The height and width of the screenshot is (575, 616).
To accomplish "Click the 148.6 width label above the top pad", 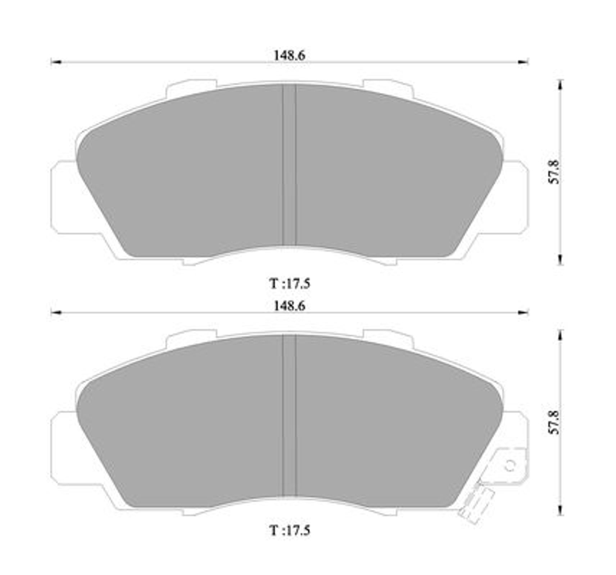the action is pyautogui.click(x=289, y=56).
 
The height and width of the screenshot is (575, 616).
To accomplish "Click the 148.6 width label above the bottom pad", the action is pyautogui.click(x=289, y=306).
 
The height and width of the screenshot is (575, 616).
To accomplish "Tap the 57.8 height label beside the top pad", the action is pyautogui.click(x=554, y=172).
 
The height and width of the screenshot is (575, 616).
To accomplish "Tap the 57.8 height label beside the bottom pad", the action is pyautogui.click(x=554, y=422).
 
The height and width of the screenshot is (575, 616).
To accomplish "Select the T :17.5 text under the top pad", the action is pyautogui.click(x=290, y=284).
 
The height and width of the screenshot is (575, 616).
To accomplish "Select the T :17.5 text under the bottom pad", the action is pyautogui.click(x=290, y=530).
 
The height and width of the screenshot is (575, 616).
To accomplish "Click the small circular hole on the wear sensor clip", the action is pyautogui.click(x=509, y=465).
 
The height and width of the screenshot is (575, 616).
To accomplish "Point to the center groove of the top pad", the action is pyautogui.click(x=289, y=165).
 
